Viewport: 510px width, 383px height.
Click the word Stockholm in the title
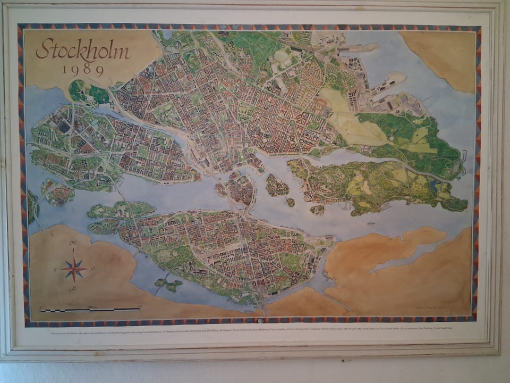pyautogui.click(x=83, y=51)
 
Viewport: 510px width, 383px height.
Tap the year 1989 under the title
pyautogui.click(x=83, y=70)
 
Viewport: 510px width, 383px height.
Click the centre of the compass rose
pyautogui.click(x=74, y=269)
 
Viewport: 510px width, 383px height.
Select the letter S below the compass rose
pyautogui.click(x=74, y=289)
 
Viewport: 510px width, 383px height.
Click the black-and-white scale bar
pyautogui.click(x=90, y=309)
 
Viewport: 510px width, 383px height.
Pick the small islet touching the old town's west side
pyautogui.click(x=220, y=189)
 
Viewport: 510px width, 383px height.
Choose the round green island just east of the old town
pyautogui.click(x=277, y=186)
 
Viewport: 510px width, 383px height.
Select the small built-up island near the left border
pyautogui.click(x=57, y=193)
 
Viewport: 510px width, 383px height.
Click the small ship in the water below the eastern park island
pyautogui.click(x=370, y=223)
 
